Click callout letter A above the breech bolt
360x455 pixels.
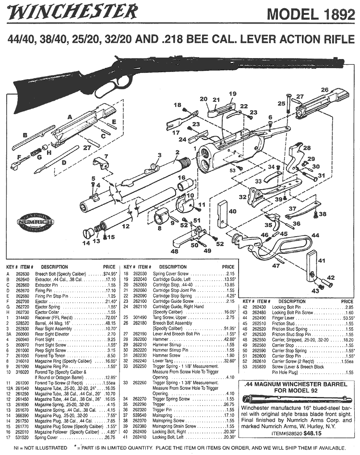[x=70, y=117]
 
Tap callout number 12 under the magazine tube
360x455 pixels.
[x=126, y=226]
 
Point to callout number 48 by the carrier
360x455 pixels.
[x=174, y=251]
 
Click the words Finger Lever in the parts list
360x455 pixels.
[x=283, y=317]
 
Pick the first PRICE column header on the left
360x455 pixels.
[x=109, y=267]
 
